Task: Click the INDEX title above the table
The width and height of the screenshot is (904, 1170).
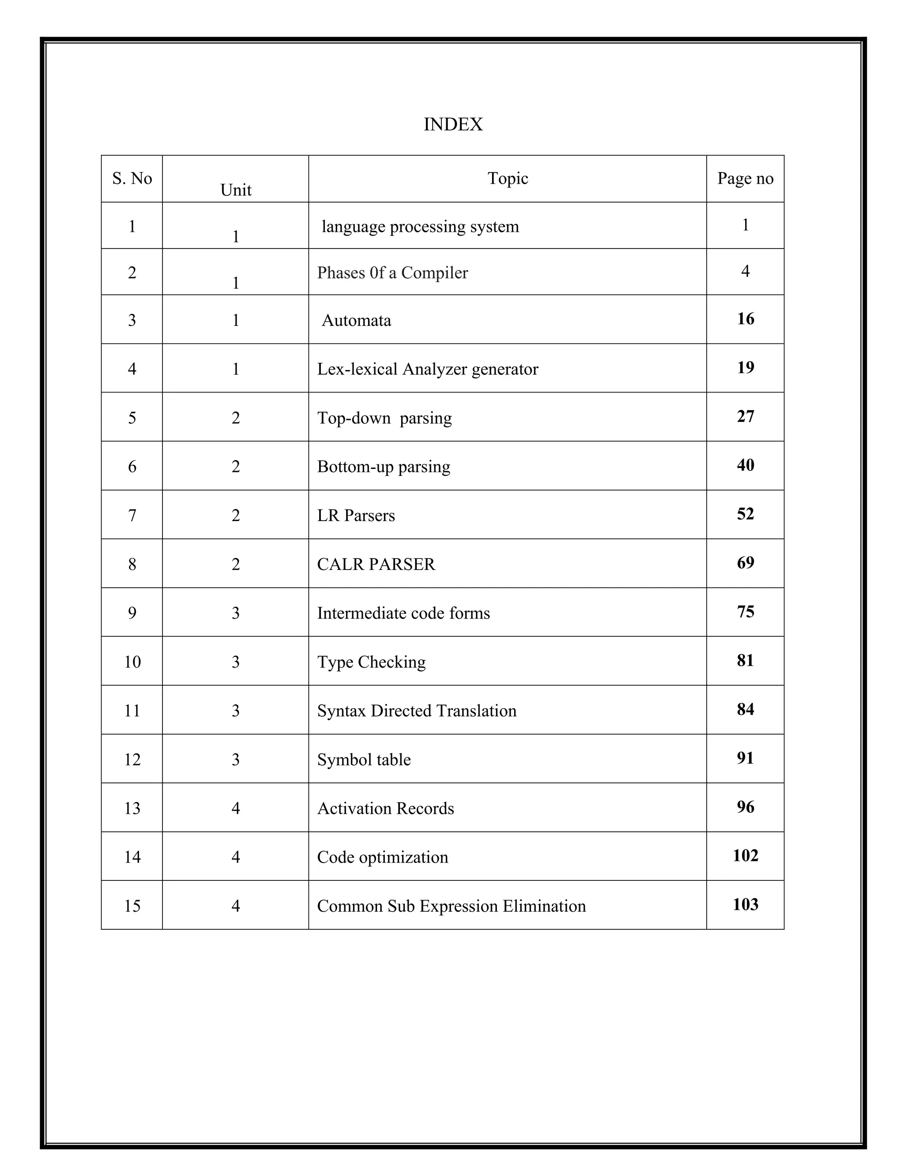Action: pyautogui.click(x=452, y=125)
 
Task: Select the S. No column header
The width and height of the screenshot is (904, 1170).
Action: pyautogui.click(x=132, y=178)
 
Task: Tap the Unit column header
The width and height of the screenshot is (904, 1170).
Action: pyautogui.click(x=236, y=190)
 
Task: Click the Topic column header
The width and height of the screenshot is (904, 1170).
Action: pyautogui.click(x=507, y=178)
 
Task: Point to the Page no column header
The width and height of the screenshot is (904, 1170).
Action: pyautogui.click(x=745, y=178)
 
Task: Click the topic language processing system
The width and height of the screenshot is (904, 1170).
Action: pyautogui.click(x=420, y=226)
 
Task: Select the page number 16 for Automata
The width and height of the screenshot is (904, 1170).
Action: pyautogui.click(x=745, y=319)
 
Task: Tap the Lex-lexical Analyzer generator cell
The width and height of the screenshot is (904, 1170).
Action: pyautogui.click(x=427, y=369)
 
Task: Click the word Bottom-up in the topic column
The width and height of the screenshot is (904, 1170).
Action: pyautogui.click(x=354, y=467)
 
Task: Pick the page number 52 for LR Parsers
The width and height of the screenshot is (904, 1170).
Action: pyautogui.click(x=745, y=514)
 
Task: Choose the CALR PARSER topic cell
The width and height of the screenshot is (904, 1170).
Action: pyautogui.click(x=376, y=564)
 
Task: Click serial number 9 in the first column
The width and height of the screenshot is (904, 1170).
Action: pyautogui.click(x=132, y=613)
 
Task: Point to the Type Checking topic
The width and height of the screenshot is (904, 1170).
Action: pyautogui.click(x=371, y=662)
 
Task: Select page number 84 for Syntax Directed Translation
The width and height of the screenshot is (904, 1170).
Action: pyautogui.click(x=745, y=710)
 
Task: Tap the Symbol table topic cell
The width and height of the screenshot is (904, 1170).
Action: pyautogui.click(x=364, y=760)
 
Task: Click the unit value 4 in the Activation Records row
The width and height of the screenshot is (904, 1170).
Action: pyautogui.click(x=236, y=808)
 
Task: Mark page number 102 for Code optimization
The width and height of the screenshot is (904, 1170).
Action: pyautogui.click(x=745, y=856)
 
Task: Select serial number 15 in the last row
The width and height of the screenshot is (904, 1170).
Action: pyautogui.click(x=132, y=906)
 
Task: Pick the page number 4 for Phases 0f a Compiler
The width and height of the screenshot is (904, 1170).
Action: pyautogui.click(x=745, y=271)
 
